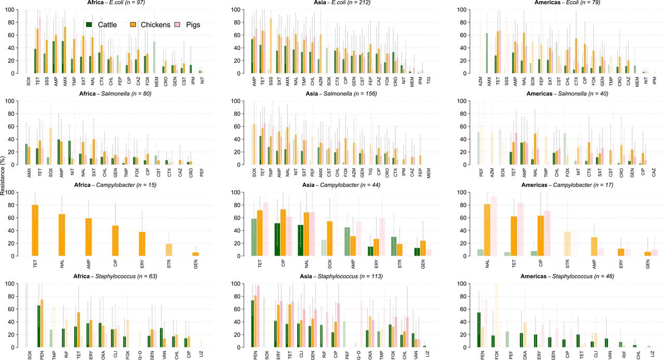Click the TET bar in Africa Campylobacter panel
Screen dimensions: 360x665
click(x=35, y=230)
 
